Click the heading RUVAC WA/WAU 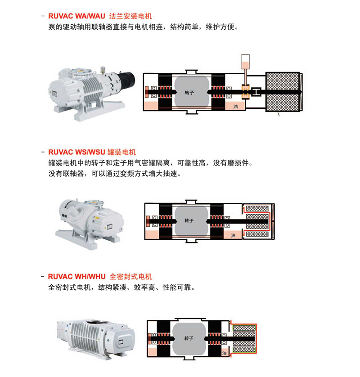[x=76, y=16]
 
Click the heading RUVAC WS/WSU [x=76, y=152]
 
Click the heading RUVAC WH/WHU [x=76, y=277]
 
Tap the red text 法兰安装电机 [x=130, y=16]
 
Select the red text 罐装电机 [x=121, y=152]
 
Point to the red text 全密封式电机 [x=131, y=277]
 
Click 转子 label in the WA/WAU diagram [x=189, y=93]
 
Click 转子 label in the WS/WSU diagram [x=189, y=220]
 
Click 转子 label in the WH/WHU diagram [x=189, y=338]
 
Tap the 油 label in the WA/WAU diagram [x=235, y=106]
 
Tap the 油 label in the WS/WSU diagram [x=233, y=235]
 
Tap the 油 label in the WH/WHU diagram [x=225, y=353]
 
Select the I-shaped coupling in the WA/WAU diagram [x=256, y=92]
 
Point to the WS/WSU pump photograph [x=90, y=224]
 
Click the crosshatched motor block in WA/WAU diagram [x=283, y=92]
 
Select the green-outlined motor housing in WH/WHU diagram [x=244, y=339]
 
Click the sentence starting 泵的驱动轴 [x=144, y=27]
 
